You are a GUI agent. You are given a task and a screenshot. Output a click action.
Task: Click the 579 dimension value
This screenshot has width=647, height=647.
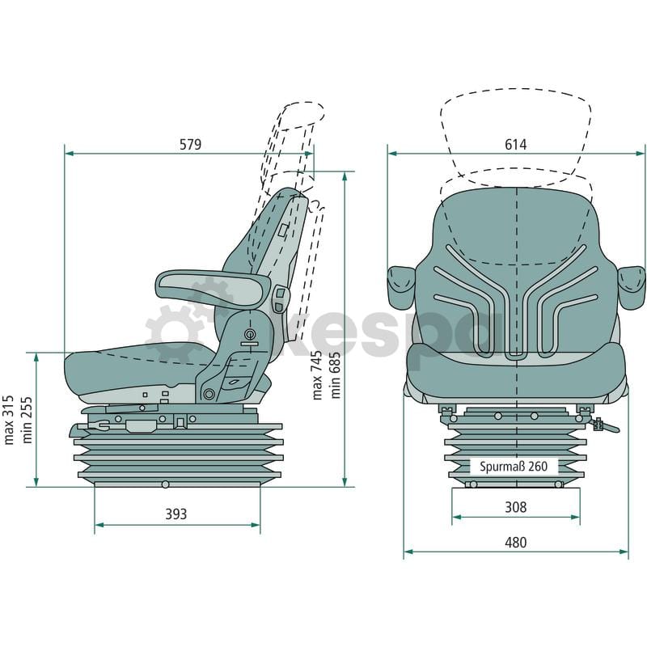191,145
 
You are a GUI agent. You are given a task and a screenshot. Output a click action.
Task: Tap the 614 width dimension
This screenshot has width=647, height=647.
516,145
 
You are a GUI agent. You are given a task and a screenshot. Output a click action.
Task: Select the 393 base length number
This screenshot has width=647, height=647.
176,514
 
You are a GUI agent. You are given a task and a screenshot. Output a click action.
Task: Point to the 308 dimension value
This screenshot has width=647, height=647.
516,507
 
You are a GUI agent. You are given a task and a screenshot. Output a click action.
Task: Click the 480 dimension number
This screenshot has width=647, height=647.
516,542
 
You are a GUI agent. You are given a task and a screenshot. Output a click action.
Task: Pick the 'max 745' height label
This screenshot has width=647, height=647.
317,375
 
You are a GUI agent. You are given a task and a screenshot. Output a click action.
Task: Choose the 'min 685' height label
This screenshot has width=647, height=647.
336,375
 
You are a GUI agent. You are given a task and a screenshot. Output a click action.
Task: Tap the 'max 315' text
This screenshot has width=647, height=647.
8,420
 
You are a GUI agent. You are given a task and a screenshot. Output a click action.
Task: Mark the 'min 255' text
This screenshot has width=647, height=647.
27,420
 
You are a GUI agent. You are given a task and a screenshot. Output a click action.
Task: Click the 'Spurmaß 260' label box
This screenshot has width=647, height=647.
514,467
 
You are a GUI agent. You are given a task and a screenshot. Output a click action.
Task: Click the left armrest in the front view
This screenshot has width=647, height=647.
401,287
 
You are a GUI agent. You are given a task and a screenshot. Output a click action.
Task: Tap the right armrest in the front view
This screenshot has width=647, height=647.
632,287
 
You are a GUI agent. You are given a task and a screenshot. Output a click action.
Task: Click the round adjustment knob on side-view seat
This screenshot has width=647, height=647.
250,334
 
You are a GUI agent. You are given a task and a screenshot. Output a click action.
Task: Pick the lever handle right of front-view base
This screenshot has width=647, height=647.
606,425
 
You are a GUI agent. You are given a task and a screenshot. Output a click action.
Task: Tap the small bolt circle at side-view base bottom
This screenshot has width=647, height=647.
166,484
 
